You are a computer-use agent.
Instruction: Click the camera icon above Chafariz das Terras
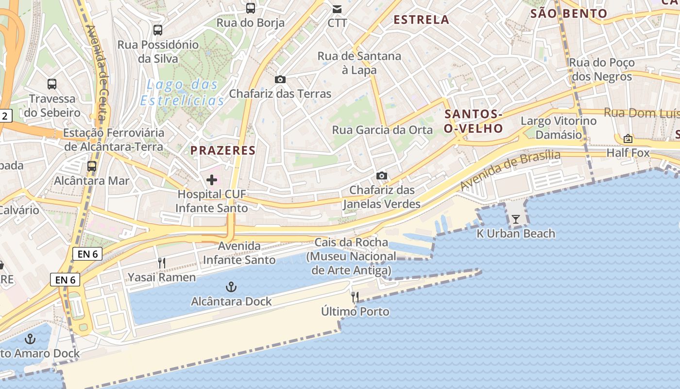pos(280,79)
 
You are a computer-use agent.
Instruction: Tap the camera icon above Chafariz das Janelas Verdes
pos(382,176)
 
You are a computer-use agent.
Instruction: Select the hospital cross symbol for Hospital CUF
pos(212,180)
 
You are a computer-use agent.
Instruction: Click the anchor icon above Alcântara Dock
pos(231,287)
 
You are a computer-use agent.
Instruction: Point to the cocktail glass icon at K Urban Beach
pos(515,219)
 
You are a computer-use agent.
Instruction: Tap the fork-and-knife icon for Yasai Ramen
pos(162,263)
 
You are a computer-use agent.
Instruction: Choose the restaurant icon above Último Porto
pos(355,297)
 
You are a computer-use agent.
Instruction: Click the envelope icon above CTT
pos(337,9)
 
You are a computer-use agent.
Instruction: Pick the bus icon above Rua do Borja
pos(251,8)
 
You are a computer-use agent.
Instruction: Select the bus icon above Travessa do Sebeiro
pos(52,84)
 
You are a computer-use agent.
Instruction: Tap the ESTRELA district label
pos(421,20)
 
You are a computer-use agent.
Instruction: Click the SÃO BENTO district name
pos(569,14)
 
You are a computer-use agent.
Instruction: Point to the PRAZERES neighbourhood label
pos(223,150)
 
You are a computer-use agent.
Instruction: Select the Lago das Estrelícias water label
pos(183,93)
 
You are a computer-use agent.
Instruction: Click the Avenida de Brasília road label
pos(510,170)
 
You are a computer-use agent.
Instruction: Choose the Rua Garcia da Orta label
pos(382,130)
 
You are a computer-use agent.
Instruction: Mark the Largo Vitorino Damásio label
pos(558,128)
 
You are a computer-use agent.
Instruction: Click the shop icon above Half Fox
pos(628,139)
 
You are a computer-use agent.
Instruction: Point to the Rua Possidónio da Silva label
pos(158,52)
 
